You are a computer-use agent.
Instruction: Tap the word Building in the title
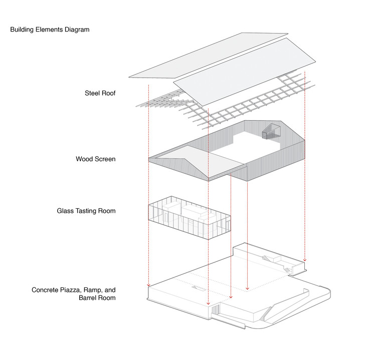[x=22, y=30]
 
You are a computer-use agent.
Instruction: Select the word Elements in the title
[x=49, y=30]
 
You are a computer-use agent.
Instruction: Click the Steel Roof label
[x=100, y=93]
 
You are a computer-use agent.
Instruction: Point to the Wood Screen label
[x=96, y=159]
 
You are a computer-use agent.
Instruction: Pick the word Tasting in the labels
[x=88, y=211]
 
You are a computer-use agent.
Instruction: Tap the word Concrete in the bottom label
[x=46, y=290]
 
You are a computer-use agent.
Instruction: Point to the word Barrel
[x=89, y=298]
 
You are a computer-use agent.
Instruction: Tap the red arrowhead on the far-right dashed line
[x=305, y=260]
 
